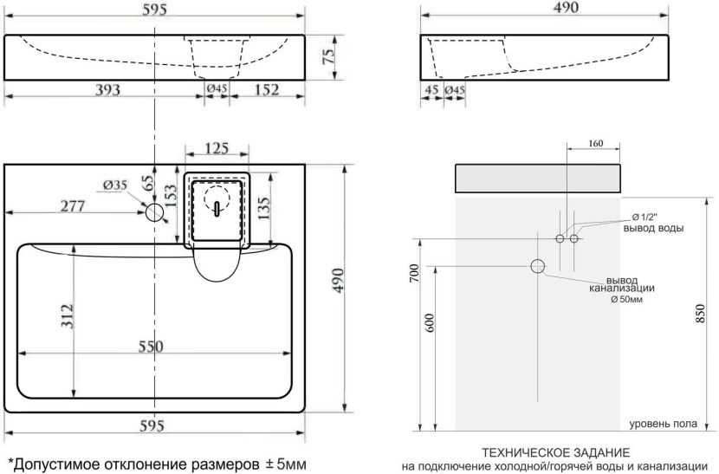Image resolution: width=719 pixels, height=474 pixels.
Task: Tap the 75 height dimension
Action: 328,58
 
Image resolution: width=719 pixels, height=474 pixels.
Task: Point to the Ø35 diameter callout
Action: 115,185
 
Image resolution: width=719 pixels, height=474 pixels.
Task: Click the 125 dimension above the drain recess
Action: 217,149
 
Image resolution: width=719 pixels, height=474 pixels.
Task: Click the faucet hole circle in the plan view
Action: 155,211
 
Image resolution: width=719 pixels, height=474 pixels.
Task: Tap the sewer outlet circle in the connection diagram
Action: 538,266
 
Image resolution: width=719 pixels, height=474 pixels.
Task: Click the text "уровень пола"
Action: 661,423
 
